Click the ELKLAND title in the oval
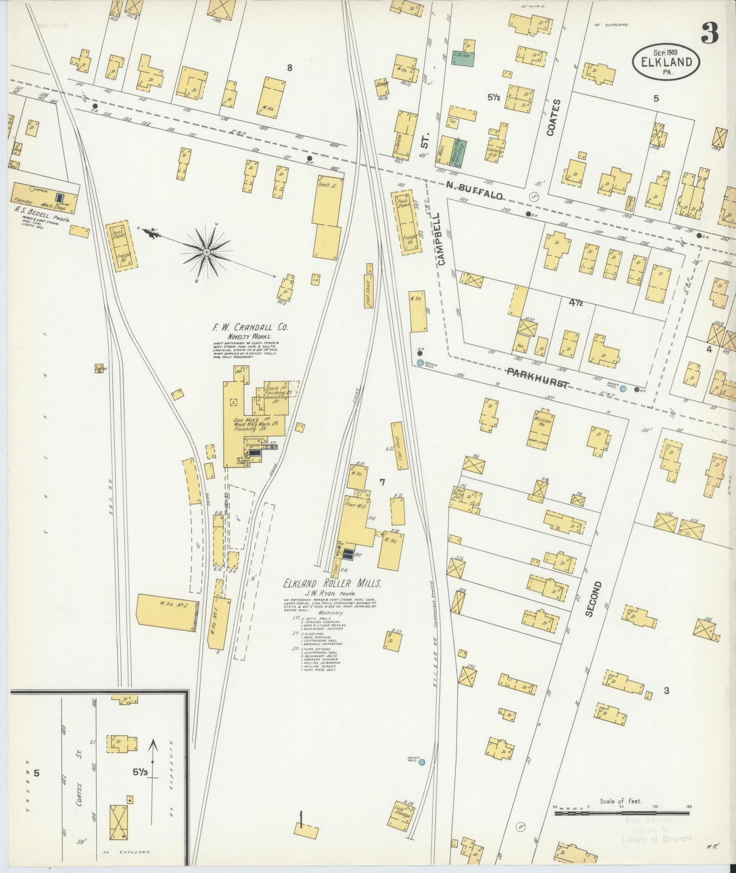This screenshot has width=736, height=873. (666, 62)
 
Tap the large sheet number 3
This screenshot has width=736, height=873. (709, 33)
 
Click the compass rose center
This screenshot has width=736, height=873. (206, 252)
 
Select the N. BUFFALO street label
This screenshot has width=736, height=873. (474, 191)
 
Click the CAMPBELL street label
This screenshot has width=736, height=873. (441, 245)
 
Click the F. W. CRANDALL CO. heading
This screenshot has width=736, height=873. (251, 328)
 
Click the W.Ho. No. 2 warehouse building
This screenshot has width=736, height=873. (167, 613)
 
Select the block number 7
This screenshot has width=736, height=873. (382, 482)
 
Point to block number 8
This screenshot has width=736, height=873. (289, 67)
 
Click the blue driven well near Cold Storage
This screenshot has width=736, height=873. (421, 762)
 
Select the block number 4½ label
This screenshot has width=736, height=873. (576, 303)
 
